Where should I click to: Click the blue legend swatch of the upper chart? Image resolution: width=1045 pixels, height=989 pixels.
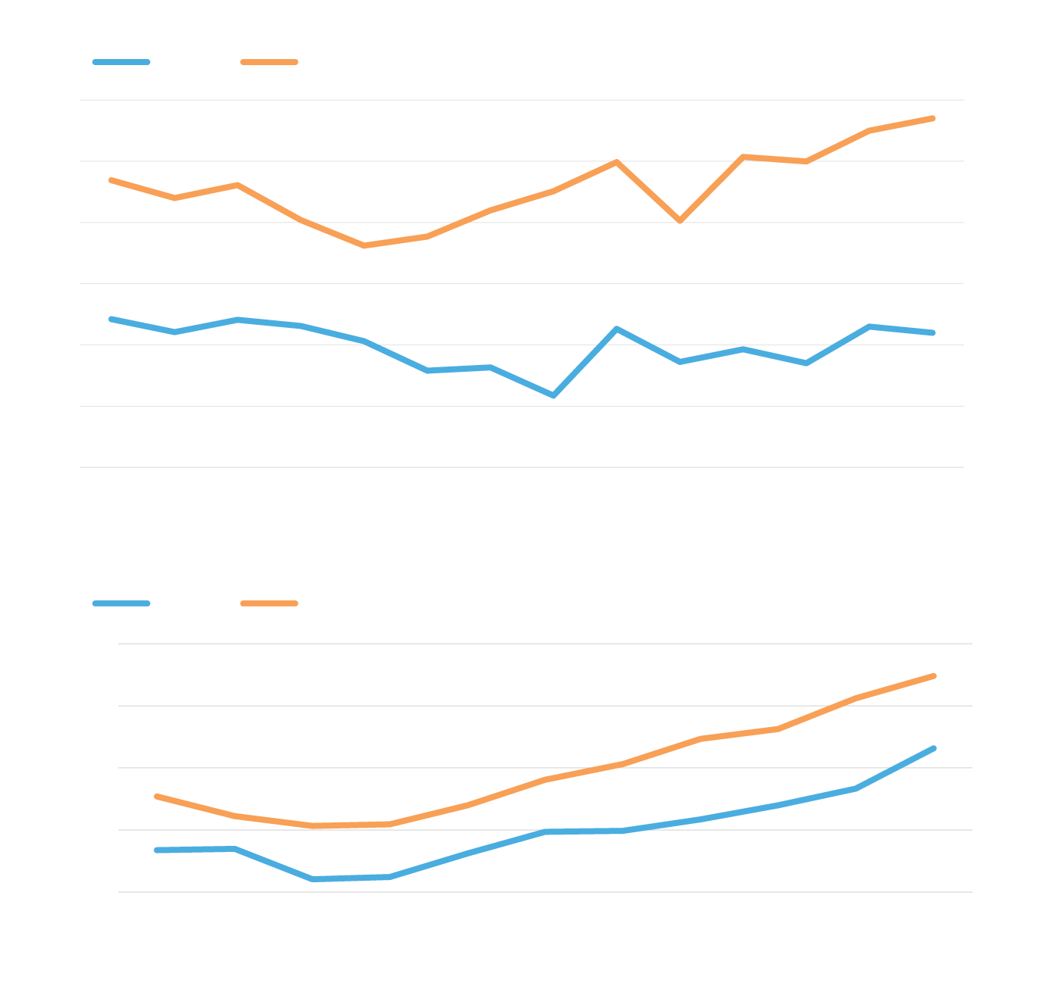tap(121, 62)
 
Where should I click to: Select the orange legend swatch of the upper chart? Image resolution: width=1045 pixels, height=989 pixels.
tap(269, 62)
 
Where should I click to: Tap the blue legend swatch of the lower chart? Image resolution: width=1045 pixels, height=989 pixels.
tap(121, 604)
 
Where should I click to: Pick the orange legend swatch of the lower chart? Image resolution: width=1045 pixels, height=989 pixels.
tap(269, 604)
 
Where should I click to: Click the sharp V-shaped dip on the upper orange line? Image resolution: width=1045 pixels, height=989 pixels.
tap(680, 220)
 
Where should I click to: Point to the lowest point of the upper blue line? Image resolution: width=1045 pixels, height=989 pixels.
tap(554, 395)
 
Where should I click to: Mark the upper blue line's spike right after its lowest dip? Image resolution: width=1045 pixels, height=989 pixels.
tap(617, 329)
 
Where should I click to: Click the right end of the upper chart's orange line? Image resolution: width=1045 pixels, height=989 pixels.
tap(933, 118)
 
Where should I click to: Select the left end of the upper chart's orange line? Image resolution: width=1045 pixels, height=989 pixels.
tap(111, 180)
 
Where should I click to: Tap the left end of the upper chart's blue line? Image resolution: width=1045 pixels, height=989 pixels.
tap(111, 320)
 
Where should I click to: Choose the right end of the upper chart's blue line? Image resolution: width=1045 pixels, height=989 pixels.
tap(933, 332)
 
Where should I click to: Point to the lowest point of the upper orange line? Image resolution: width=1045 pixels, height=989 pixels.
tap(364, 245)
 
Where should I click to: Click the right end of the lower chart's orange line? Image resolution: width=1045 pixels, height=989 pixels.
tap(934, 675)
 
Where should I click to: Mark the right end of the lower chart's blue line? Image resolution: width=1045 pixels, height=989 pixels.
tap(934, 748)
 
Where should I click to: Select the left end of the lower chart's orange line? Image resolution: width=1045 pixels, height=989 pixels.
tap(156, 796)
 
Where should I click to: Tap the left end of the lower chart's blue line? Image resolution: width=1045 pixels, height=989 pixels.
tap(156, 850)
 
